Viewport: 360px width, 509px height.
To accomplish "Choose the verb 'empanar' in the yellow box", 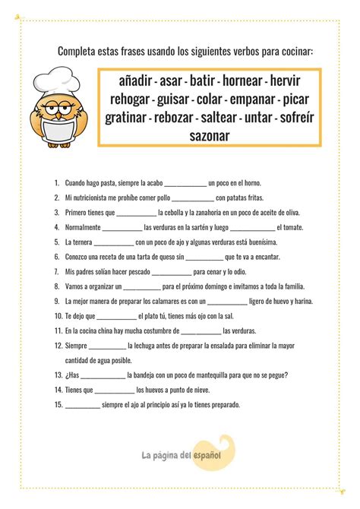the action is pos(242,99).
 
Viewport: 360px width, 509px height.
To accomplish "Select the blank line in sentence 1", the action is pos(185,184).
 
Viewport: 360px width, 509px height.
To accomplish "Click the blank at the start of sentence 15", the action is pos(83,405).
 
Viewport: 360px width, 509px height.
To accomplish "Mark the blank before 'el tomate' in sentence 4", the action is pos(251,228).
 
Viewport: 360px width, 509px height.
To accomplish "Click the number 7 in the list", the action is pos(57,271).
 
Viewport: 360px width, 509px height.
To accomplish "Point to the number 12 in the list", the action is pos(58,346).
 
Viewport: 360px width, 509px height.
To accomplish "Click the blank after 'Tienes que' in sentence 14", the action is pos(115,390).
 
